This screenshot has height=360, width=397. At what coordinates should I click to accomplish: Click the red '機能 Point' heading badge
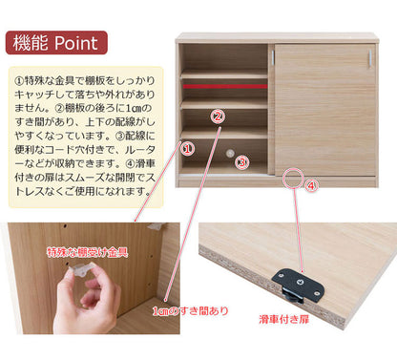(x=56, y=43)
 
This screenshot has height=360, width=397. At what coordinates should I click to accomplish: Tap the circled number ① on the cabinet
(x=188, y=148)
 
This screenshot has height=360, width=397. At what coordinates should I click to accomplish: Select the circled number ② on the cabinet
(x=218, y=116)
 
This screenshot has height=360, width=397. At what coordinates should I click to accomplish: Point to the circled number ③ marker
(x=241, y=162)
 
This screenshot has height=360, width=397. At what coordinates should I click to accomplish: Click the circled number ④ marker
(x=311, y=185)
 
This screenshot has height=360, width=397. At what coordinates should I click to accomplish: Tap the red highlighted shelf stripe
(x=225, y=86)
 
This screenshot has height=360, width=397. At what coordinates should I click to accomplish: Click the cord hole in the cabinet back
(x=229, y=153)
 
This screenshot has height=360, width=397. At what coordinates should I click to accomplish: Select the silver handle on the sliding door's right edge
(x=370, y=58)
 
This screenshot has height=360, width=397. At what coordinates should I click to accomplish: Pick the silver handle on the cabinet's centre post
(x=273, y=58)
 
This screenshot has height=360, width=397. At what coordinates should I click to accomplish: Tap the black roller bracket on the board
(x=298, y=285)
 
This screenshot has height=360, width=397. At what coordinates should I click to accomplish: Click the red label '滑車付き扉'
(x=283, y=319)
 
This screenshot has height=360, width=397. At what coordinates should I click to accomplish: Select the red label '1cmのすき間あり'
(x=190, y=310)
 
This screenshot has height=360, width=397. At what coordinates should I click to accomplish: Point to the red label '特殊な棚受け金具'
(x=88, y=252)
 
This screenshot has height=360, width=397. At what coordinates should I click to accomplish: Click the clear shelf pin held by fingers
(x=82, y=269)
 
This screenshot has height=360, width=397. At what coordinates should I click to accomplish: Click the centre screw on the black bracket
(x=300, y=282)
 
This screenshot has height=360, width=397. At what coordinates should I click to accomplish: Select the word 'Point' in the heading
(x=76, y=43)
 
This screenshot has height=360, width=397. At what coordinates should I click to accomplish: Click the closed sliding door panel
(x=324, y=110)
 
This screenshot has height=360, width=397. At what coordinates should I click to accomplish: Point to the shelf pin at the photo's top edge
(x=157, y=226)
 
